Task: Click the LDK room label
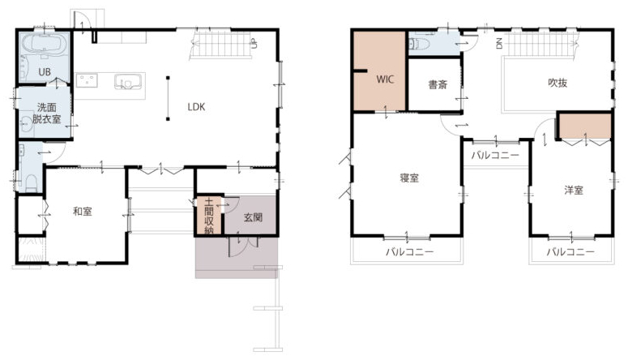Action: pyautogui.click(x=196, y=107)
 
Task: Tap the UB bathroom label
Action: pyautogui.click(x=45, y=72)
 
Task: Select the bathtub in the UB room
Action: pyautogui.click(x=44, y=43)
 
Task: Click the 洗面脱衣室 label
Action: pyautogui.click(x=46, y=113)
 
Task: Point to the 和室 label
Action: pyautogui.click(x=83, y=212)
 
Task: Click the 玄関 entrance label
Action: pyautogui.click(x=253, y=217)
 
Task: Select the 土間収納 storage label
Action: pyautogui.click(x=209, y=216)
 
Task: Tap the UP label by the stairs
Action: pyautogui.click(x=253, y=43)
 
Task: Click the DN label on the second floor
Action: pyautogui.click(x=499, y=43)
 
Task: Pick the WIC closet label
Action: pyautogui.click(x=385, y=79)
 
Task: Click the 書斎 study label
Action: pyautogui.click(x=438, y=84)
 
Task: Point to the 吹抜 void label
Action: pyautogui.click(x=558, y=83)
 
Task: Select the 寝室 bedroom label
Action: pyautogui.click(x=409, y=178)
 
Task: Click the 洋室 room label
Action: pyautogui.click(x=574, y=190)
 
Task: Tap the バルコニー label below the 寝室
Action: pyautogui.click(x=409, y=252)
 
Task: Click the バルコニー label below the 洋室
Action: pyautogui.click(x=570, y=252)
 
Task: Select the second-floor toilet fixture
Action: pyautogui.click(x=419, y=43)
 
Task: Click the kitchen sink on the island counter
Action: pyautogui.click(x=128, y=82)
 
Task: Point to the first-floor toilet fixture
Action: pyautogui.click(x=31, y=182)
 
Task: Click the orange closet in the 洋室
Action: pyautogui.click(x=585, y=126)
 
